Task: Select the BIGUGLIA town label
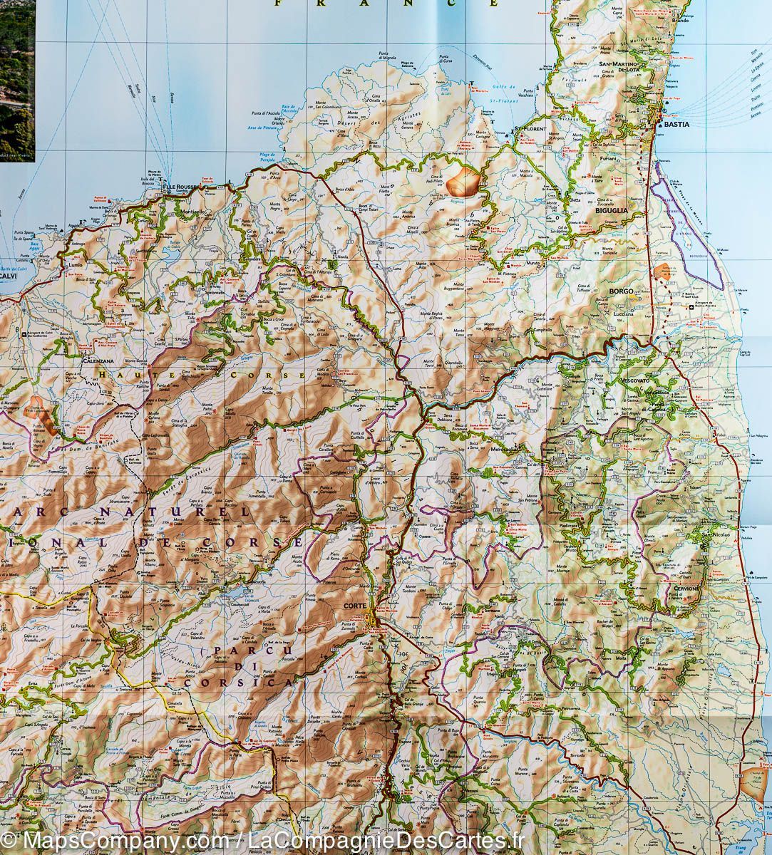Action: tap(612, 211)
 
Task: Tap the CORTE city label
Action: tap(354, 606)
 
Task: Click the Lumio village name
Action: tap(76, 263)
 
